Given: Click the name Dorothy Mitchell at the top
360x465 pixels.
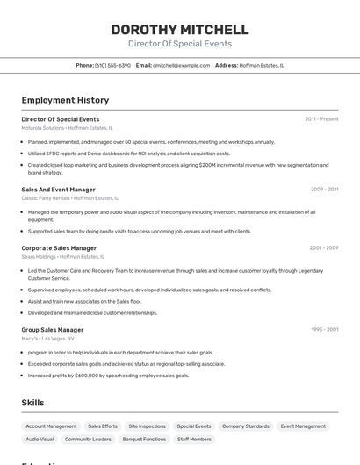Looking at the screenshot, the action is click(x=179, y=29).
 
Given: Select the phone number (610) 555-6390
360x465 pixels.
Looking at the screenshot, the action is click(x=112, y=65).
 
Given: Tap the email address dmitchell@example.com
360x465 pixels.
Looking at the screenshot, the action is click(x=176, y=65).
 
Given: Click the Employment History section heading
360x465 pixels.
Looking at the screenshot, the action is click(x=65, y=100).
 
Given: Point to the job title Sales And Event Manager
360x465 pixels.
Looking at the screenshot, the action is click(x=58, y=189).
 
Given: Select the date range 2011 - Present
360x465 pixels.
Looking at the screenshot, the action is click(x=321, y=118).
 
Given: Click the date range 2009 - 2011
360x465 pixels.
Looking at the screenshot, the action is click(x=324, y=189).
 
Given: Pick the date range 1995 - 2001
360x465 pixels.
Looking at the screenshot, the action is click(x=324, y=330).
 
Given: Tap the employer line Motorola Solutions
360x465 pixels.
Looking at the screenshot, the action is click(x=67, y=127).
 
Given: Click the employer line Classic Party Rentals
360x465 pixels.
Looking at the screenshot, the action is click(x=65, y=197).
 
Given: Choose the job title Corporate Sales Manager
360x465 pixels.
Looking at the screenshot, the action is click(x=59, y=248).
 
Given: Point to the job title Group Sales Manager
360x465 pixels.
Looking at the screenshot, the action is click(x=53, y=330).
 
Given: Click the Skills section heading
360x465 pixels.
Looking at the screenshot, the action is click(x=32, y=402).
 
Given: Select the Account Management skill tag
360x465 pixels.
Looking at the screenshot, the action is click(x=51, y=426).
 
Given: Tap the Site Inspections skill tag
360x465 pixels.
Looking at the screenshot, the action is click(x=147, y=426).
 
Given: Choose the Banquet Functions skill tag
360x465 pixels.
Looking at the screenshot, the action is click(x=144, y=439).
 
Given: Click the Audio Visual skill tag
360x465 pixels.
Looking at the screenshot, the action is click(x=40, y=439).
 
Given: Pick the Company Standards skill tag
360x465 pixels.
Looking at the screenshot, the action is click(x=246, y=426).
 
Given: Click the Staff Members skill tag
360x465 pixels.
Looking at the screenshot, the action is click(x=194, y=439).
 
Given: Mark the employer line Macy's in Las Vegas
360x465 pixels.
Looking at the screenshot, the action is click(x=47, y=338).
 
